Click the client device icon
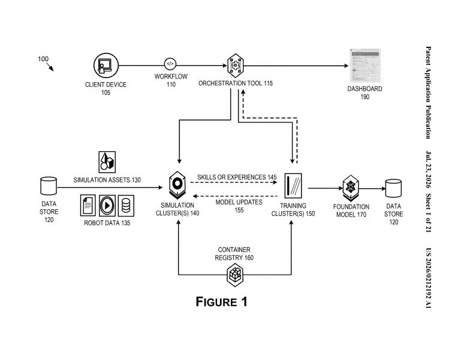106,65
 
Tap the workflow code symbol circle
170,64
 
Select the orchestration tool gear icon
235,65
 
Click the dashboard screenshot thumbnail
365,65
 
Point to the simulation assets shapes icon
107,162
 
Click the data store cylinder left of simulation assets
49,186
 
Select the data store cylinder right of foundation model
393,188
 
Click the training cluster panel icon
293,186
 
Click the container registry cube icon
235,275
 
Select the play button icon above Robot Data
107,205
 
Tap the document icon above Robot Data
88,205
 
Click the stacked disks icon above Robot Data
126,205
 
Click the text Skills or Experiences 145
237,177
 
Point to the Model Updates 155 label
239,206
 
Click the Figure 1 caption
221,302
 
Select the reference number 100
43,59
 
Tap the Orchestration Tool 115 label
236,83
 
